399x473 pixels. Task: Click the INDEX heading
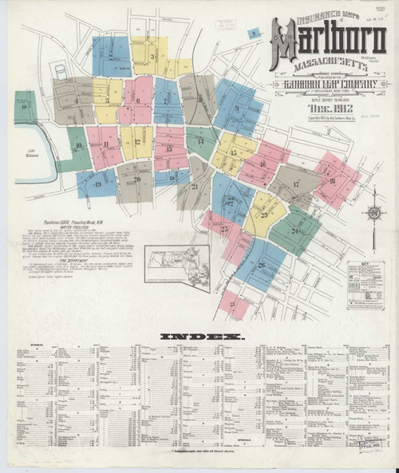click(199, 337)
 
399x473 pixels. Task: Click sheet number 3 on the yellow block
click(152, 57)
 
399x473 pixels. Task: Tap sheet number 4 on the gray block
click(76, 101)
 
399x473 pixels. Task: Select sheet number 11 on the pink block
click(105, 144)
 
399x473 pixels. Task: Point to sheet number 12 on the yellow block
click(136, 144)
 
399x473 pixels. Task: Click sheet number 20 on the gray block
click(136, 179)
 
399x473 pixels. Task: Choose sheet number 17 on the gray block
click(295, 184)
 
